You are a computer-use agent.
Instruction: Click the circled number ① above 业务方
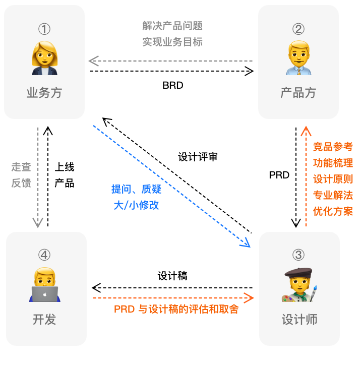(44, 29)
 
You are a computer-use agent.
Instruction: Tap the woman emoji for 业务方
(44, 56)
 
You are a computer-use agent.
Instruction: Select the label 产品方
(298, 93)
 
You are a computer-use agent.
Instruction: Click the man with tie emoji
(298, 57)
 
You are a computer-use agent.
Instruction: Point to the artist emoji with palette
(299, 285)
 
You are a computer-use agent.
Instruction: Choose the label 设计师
(299, 320)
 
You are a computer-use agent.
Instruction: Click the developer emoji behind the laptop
(45, 285)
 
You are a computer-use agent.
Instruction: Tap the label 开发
(44, 319)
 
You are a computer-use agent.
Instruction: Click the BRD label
(172, 86)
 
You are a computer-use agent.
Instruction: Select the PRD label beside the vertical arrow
(279, 175)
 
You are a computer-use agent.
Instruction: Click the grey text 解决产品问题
(172, 26)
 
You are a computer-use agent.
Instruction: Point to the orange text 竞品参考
(333, 147)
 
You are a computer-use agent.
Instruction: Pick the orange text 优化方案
(333, 211)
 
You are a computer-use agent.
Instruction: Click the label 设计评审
(198, 157)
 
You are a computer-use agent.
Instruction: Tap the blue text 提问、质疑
(135, 189)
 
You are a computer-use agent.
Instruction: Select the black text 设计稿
(172, 276)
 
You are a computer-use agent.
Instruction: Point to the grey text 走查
(21, 166)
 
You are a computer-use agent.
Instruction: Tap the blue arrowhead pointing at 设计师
(246, 243)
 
